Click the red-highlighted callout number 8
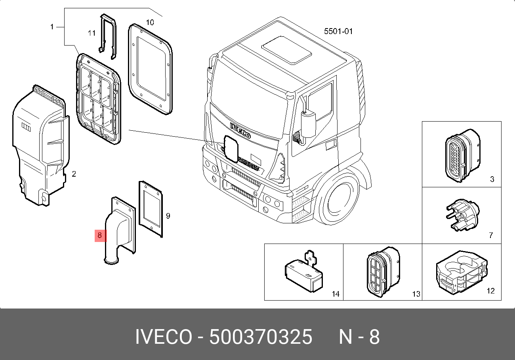99,235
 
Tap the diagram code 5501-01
338,31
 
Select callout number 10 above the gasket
150,22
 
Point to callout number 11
92,33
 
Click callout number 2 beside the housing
74,174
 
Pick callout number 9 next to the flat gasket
168,216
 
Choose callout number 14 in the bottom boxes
336,294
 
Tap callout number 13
416,294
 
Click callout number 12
490,291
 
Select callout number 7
491,235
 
